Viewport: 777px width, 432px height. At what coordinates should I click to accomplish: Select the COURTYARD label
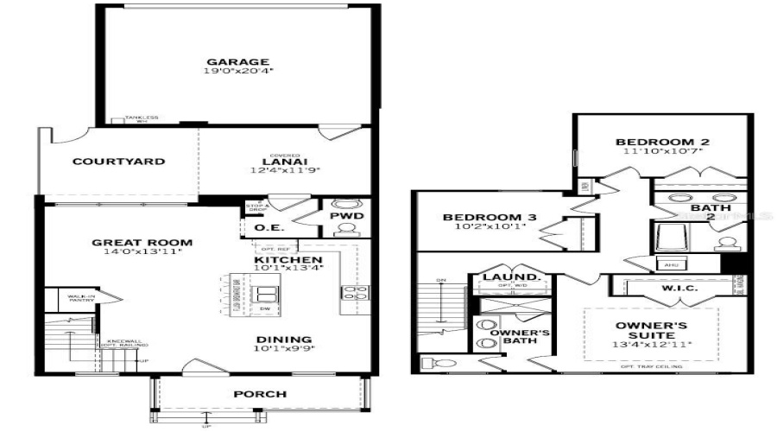point(106,162)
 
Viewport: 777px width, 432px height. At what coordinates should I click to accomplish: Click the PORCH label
point(260,394)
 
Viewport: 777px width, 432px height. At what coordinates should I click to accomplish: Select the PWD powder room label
point(347,216)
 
